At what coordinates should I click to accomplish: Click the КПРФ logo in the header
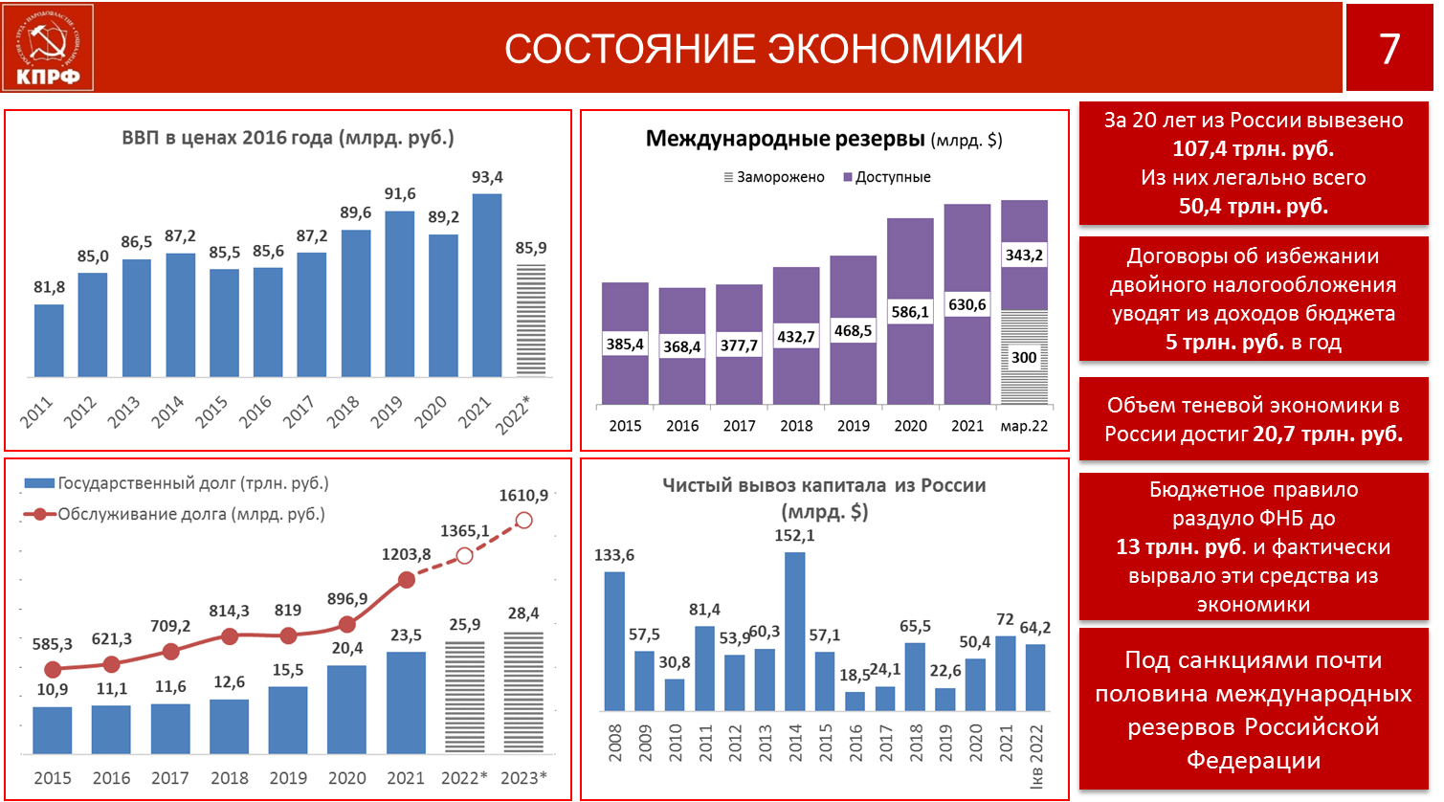(48, 47)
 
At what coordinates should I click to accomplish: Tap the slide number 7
(1389, 49)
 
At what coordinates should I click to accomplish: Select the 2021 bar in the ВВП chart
(487, 285)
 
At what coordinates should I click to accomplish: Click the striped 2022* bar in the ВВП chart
(530, 320)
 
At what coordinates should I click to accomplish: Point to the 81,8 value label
(50, 287)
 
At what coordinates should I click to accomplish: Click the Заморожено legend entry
(773, 177)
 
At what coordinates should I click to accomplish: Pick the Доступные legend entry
(887, 177)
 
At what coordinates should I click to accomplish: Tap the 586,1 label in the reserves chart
(910, 312)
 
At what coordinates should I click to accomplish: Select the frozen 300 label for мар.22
(1024, 357)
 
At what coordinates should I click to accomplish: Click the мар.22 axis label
(1024, 426)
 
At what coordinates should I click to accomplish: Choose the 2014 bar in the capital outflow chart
(795, 632)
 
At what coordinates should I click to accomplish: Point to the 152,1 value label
(794, 536)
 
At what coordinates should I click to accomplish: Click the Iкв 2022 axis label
(1036, 756)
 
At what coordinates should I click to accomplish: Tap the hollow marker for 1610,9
(524, 521)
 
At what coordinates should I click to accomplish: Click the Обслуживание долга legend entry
(174, 515)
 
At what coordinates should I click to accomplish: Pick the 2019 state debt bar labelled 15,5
(287, 720)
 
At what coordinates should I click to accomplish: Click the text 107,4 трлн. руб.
(1254, 149)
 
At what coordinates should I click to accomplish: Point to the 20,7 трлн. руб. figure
(1328, 434)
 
